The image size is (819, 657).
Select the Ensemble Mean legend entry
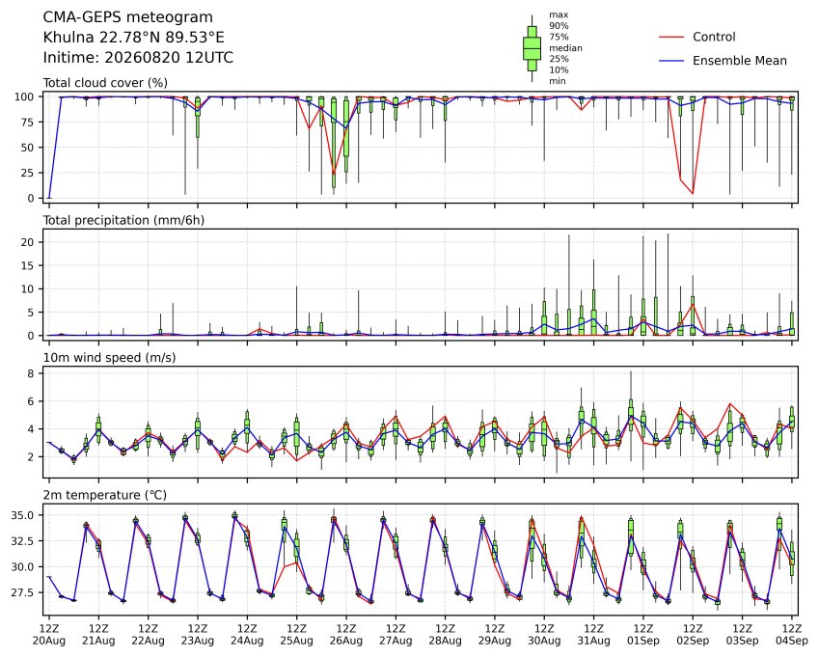[x=723, y=61]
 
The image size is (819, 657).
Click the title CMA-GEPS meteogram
[x=128, y=17]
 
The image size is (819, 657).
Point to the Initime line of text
[x=138, y=58]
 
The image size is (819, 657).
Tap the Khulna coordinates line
[x=134, y=38]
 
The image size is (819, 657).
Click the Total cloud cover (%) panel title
[x=105, y=83]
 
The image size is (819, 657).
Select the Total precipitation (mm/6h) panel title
[x=123, y=220]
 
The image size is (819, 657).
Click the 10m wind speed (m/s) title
[x=109, y=358]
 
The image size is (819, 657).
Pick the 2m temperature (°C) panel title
[x=104, y=495]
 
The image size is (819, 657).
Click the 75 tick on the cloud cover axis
[x=28, y=123]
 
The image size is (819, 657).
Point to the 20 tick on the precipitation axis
[x=28, y=242]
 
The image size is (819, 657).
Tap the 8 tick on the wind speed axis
[x=31, y=373]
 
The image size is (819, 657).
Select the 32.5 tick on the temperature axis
[x=23, y=541]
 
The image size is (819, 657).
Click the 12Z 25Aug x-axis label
[x=297, y=634]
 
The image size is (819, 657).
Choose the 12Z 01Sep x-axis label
[x=643, y=634]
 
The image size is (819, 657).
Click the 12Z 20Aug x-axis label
[x=49, y=634]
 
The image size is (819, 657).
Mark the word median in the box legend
[x=565, y=48]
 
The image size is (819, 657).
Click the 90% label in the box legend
[x=559, y=26]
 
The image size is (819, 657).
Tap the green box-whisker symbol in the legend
[x=532, y=48]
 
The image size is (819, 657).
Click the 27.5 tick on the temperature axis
[x=23, y=592]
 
